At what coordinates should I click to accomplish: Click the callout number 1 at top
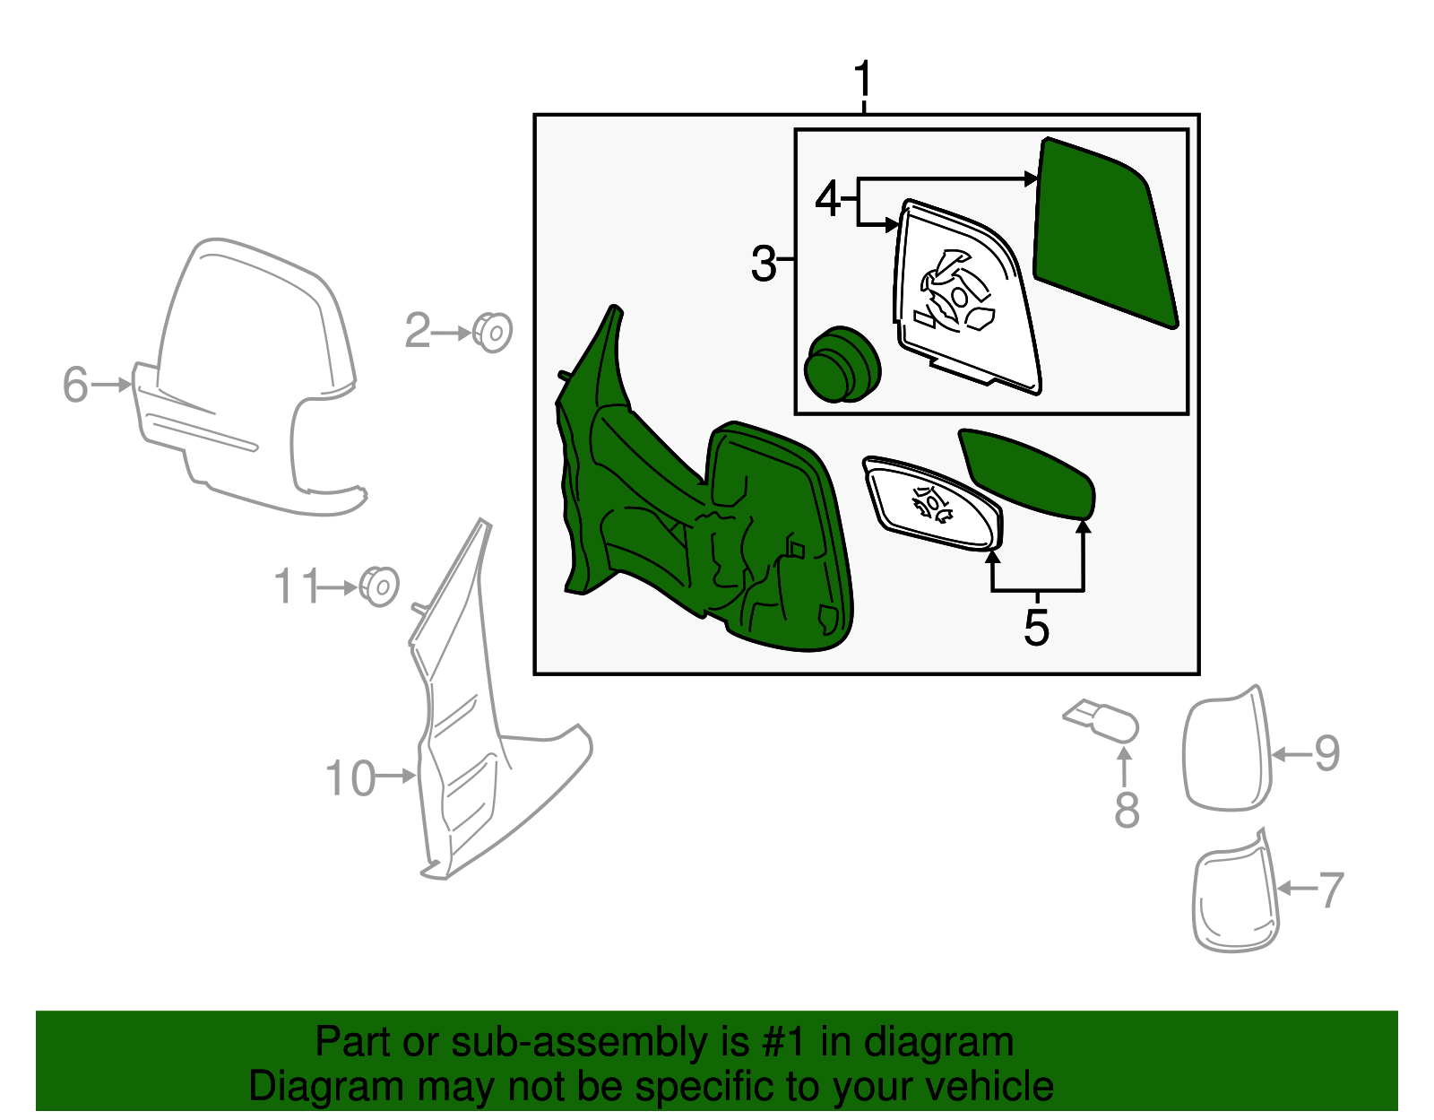(x=862, y=81)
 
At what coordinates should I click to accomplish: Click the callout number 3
(x=763, y=265)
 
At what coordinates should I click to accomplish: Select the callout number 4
(x=827, y=199)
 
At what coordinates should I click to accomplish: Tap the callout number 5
(x=1036, y=628)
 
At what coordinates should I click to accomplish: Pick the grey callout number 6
(x=75, y=385)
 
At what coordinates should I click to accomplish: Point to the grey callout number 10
(x=350, y=778)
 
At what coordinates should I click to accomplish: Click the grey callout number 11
(x=296, y=587)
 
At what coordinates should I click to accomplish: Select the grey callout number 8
(x=1127, y=810)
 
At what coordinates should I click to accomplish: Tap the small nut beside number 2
(x=492, y=333)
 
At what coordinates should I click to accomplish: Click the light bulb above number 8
(x=1103, y=721)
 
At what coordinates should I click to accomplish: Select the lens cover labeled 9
(x=1227, y=751)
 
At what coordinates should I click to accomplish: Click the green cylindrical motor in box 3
(x=842, y=364)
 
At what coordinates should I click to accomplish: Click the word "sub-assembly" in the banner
(x=578, y=1043)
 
